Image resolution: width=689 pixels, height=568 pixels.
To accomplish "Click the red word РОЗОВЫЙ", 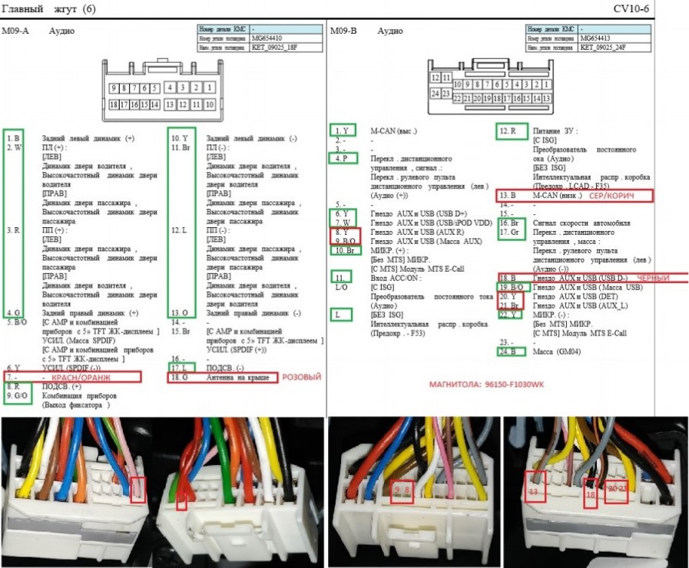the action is coord(302,377).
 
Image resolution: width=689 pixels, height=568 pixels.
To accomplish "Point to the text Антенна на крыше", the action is coord(237,378).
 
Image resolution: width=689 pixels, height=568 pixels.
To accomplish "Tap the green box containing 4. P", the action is coord(342,158).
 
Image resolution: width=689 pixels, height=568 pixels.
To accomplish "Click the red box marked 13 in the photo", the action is coord(535,485).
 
